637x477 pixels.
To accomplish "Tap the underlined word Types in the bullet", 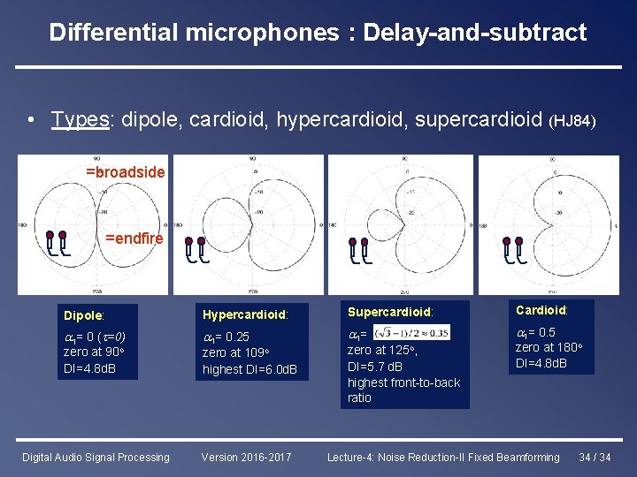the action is [81, 118].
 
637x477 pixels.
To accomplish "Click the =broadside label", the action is [125, 172].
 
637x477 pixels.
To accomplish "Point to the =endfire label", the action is [134, 238].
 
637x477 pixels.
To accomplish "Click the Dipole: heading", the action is [84, 315].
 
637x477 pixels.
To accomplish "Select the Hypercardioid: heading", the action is [244, 314].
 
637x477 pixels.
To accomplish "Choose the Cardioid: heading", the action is [541, 310].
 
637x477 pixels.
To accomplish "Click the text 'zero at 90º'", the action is [96, 352].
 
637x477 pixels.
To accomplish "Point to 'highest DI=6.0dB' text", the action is [249, 369].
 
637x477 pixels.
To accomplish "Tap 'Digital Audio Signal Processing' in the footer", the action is [96, 458].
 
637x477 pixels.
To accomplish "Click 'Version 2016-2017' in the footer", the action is [245, 458].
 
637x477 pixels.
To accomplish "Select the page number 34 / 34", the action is [595, 458].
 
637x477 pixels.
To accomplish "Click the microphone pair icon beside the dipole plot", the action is [57, 243].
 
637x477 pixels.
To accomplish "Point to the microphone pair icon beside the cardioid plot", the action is [513, 250].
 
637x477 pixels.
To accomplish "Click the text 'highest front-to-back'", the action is [403, 382].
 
